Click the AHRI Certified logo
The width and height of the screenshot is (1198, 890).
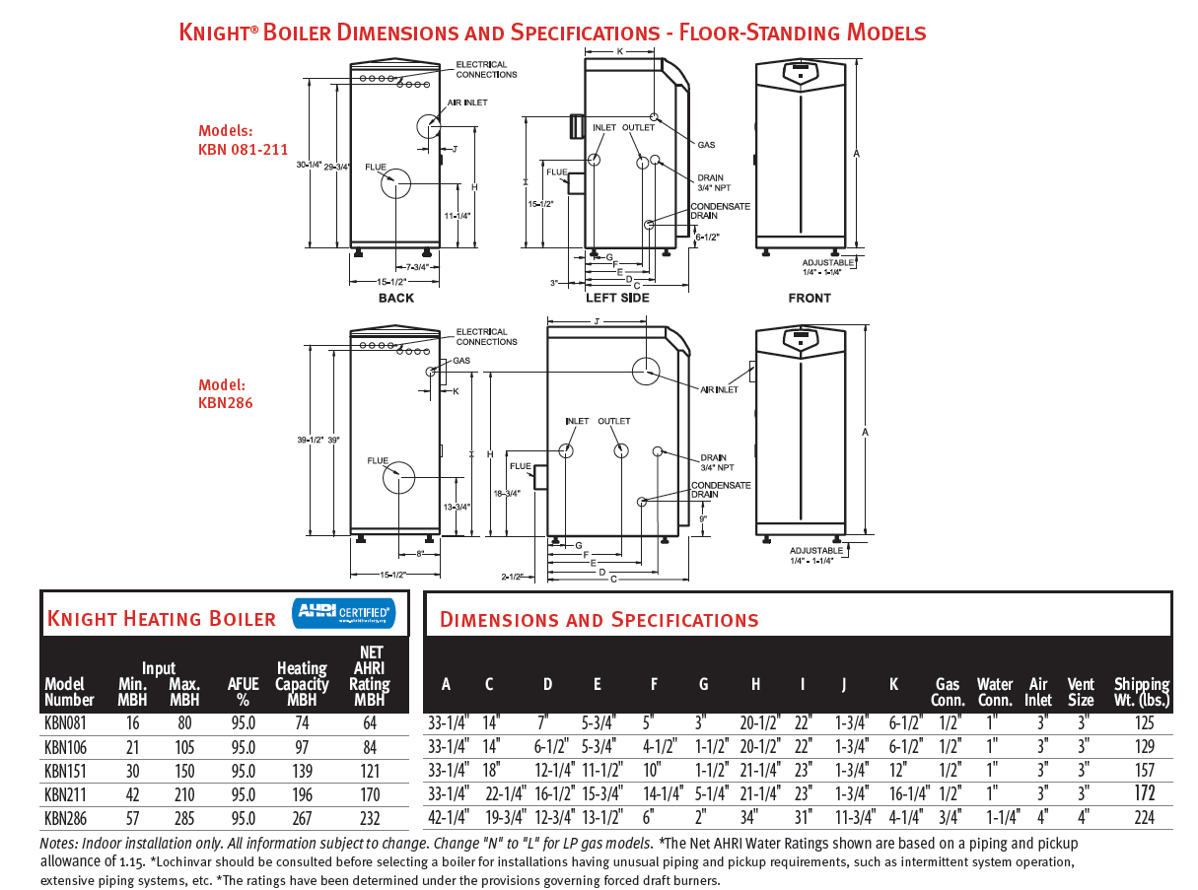(343, 613)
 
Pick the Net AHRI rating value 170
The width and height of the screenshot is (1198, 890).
(370, 794)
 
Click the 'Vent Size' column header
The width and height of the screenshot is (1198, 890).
(1081, 692)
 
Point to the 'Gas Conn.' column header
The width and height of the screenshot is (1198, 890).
(948, 692)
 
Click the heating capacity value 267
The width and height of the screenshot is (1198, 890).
(302, 818)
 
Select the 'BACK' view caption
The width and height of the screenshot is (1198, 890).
(395, 298)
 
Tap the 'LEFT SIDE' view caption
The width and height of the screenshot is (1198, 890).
(617, 298)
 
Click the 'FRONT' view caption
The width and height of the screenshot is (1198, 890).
(810, 298)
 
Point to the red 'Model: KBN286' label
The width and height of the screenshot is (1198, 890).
(226, 394)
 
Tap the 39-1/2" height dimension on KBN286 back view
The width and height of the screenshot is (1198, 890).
(313, 440)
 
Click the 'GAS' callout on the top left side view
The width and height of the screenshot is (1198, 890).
(706, 145)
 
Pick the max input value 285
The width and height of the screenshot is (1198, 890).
(183, 818)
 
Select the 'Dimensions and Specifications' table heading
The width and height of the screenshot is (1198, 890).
(599, 620)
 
